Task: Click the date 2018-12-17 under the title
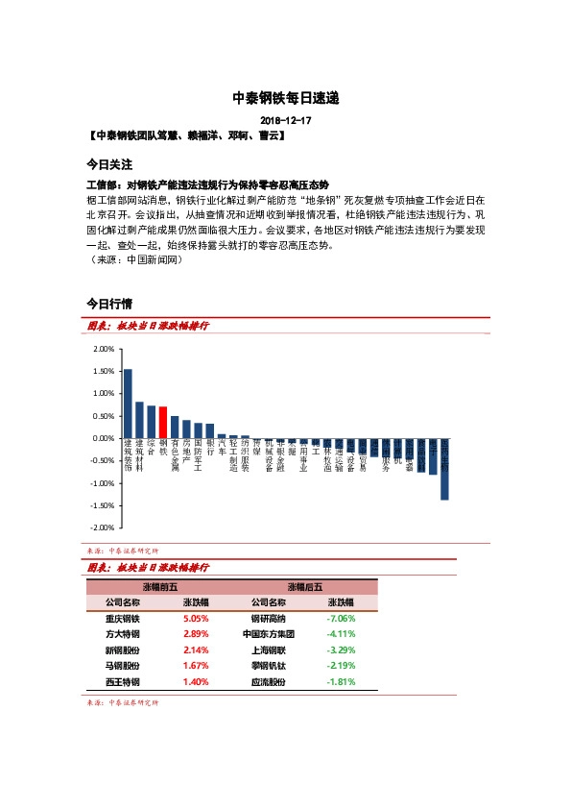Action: pyautogui.click(x=286, y=120)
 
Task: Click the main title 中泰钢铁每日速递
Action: pyautogui.click(x=286, y=98)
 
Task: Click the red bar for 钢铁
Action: pyautogui.click(x=163, y=423)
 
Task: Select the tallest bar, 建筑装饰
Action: pyautogui.click(x=128, y=404)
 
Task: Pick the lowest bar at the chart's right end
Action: pyautogui.click(x=444, y=469)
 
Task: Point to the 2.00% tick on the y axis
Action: pyautogui.click(x=100, y=349)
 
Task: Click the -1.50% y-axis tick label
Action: pyautogui.click(x=99, y=505)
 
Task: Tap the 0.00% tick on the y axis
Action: pyautogui.click(x=100, y=438)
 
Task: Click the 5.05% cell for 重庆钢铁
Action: pyautogui.click(x=196, y=619)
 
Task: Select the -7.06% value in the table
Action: pyautogui.click(x=341, y=619)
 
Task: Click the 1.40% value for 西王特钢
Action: pyautogui.click(x=196, y=681)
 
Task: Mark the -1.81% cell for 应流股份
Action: pyautogui.click(x=341, y=681)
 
